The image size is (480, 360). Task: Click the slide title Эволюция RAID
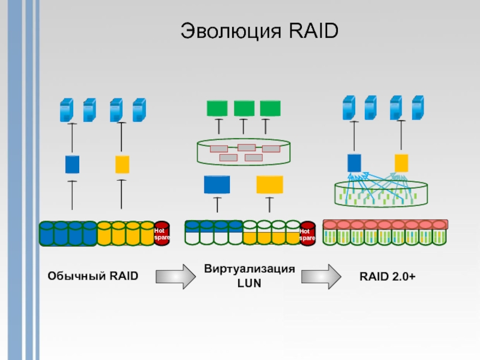pos(260,32)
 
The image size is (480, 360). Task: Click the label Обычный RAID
pos(92,276)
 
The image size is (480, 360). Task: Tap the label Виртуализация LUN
pos(250,275)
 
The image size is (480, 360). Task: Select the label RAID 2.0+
pos(387,276)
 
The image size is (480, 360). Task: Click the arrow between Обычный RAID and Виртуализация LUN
pos(175,276)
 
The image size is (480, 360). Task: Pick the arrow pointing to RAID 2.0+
pos(321,276)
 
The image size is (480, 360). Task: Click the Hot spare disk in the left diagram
pos(162,234)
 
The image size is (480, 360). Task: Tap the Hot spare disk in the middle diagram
pos(307,234)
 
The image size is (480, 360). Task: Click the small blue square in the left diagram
pos(72,164)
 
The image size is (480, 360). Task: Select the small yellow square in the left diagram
pos(122,164)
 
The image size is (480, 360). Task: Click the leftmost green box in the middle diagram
pos(217,109)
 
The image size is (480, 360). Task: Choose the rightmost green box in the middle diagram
pos(271,109)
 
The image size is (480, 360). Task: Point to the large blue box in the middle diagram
pos(217,184)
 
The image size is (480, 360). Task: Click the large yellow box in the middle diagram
pos(269,184)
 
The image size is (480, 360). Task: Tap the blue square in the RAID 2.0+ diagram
pos(354,163)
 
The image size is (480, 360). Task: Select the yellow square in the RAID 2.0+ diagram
pos(401,163)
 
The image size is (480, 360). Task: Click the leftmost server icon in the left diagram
pos(65,110)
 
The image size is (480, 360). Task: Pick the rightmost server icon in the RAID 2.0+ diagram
pos(417,107)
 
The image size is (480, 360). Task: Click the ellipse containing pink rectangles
pos(243,152)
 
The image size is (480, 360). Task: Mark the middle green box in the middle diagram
pos(244,109)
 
